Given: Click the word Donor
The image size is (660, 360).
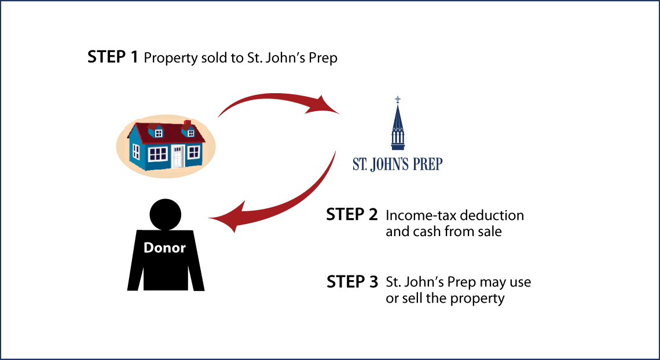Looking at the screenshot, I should tap(164, 248).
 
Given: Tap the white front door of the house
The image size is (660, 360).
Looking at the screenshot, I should tap(177, 156).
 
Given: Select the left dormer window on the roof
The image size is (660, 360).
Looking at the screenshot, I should tap(159, 133).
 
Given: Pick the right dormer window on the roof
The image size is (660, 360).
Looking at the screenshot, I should tap(190, 133).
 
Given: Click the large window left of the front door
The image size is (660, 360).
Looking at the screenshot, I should tap(157, 154).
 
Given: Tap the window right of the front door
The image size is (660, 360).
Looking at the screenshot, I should tap(193, 152).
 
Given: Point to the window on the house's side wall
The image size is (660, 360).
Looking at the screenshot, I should tap(136, 152).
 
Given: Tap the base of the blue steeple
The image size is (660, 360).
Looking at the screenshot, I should tap(397, 147).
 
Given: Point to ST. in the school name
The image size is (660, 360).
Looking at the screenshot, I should tap(360, 164).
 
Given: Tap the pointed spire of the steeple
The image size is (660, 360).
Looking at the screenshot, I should tap(397, 116).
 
